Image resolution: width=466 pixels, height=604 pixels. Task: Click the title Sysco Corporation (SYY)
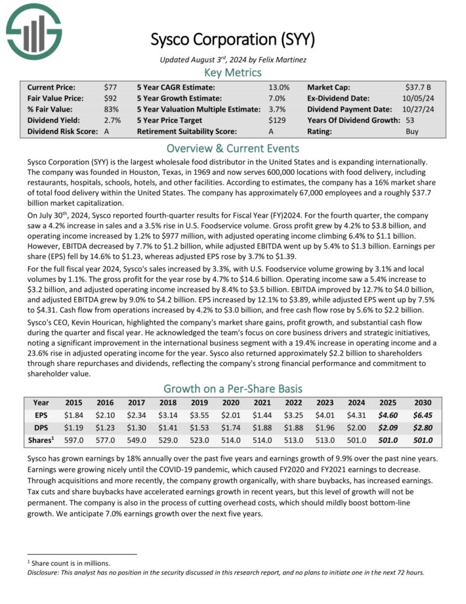click(232, 39)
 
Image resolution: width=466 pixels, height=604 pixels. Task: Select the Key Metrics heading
click(232, 72)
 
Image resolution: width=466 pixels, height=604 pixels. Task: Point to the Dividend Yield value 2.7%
click(112, 120)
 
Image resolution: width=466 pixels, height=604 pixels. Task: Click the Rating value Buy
click(413, 131)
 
